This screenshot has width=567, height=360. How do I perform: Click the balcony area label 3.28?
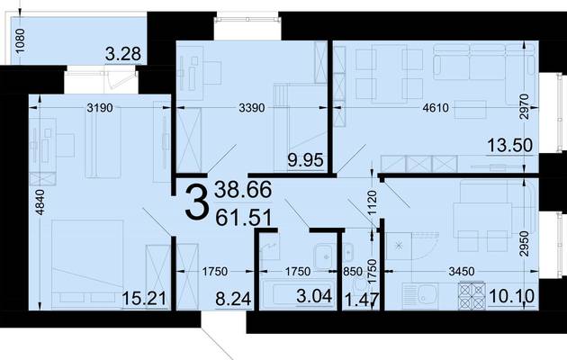tap(123, 54)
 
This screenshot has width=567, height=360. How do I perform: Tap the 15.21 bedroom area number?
tap(144, 299)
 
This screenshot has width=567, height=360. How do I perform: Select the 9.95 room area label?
tap(306, 160)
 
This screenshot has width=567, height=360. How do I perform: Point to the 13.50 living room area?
tap(510, 145)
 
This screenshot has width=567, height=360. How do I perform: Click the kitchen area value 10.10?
tap(511, 296)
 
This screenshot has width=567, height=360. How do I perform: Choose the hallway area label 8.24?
tap(233, 299)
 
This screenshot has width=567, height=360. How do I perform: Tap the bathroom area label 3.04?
tap(314, 296)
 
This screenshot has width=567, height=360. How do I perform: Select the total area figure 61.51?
tap(243, 218)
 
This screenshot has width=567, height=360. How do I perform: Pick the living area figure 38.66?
tap(243, 190)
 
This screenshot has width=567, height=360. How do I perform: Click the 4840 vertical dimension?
tap(40, 202)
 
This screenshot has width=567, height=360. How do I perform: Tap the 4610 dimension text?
tap(436, 108)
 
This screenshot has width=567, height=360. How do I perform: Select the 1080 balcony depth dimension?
tap(21, 40)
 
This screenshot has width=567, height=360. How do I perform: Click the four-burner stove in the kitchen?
tap(472, 296)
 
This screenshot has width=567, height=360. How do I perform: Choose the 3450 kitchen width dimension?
tap(461, 272)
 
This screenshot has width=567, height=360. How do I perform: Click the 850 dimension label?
tap(352, 272)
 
